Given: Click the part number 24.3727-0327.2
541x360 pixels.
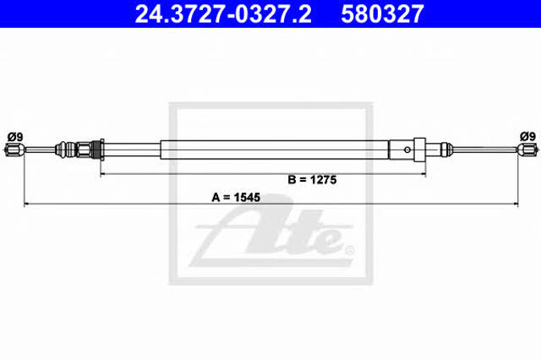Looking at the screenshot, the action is [x=223, y=14].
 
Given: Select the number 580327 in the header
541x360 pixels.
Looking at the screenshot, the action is [x=382, y=14].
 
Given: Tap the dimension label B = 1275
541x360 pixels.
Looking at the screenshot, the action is [x=312, y=180].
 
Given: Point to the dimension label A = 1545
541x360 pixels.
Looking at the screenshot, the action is [x=236, y=198].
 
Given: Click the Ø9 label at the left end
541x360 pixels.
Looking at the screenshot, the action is [x=15, y=137].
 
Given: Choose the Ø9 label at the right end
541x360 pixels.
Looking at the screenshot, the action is [x=527, y=137].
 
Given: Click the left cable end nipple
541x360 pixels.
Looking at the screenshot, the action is [x=14, y=150].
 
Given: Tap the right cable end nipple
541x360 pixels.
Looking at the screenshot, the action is [x=527, y=150].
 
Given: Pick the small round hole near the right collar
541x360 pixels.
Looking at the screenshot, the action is [x=407, y=150].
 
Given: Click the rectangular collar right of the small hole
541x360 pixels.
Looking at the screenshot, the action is [x=419, y=150].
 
